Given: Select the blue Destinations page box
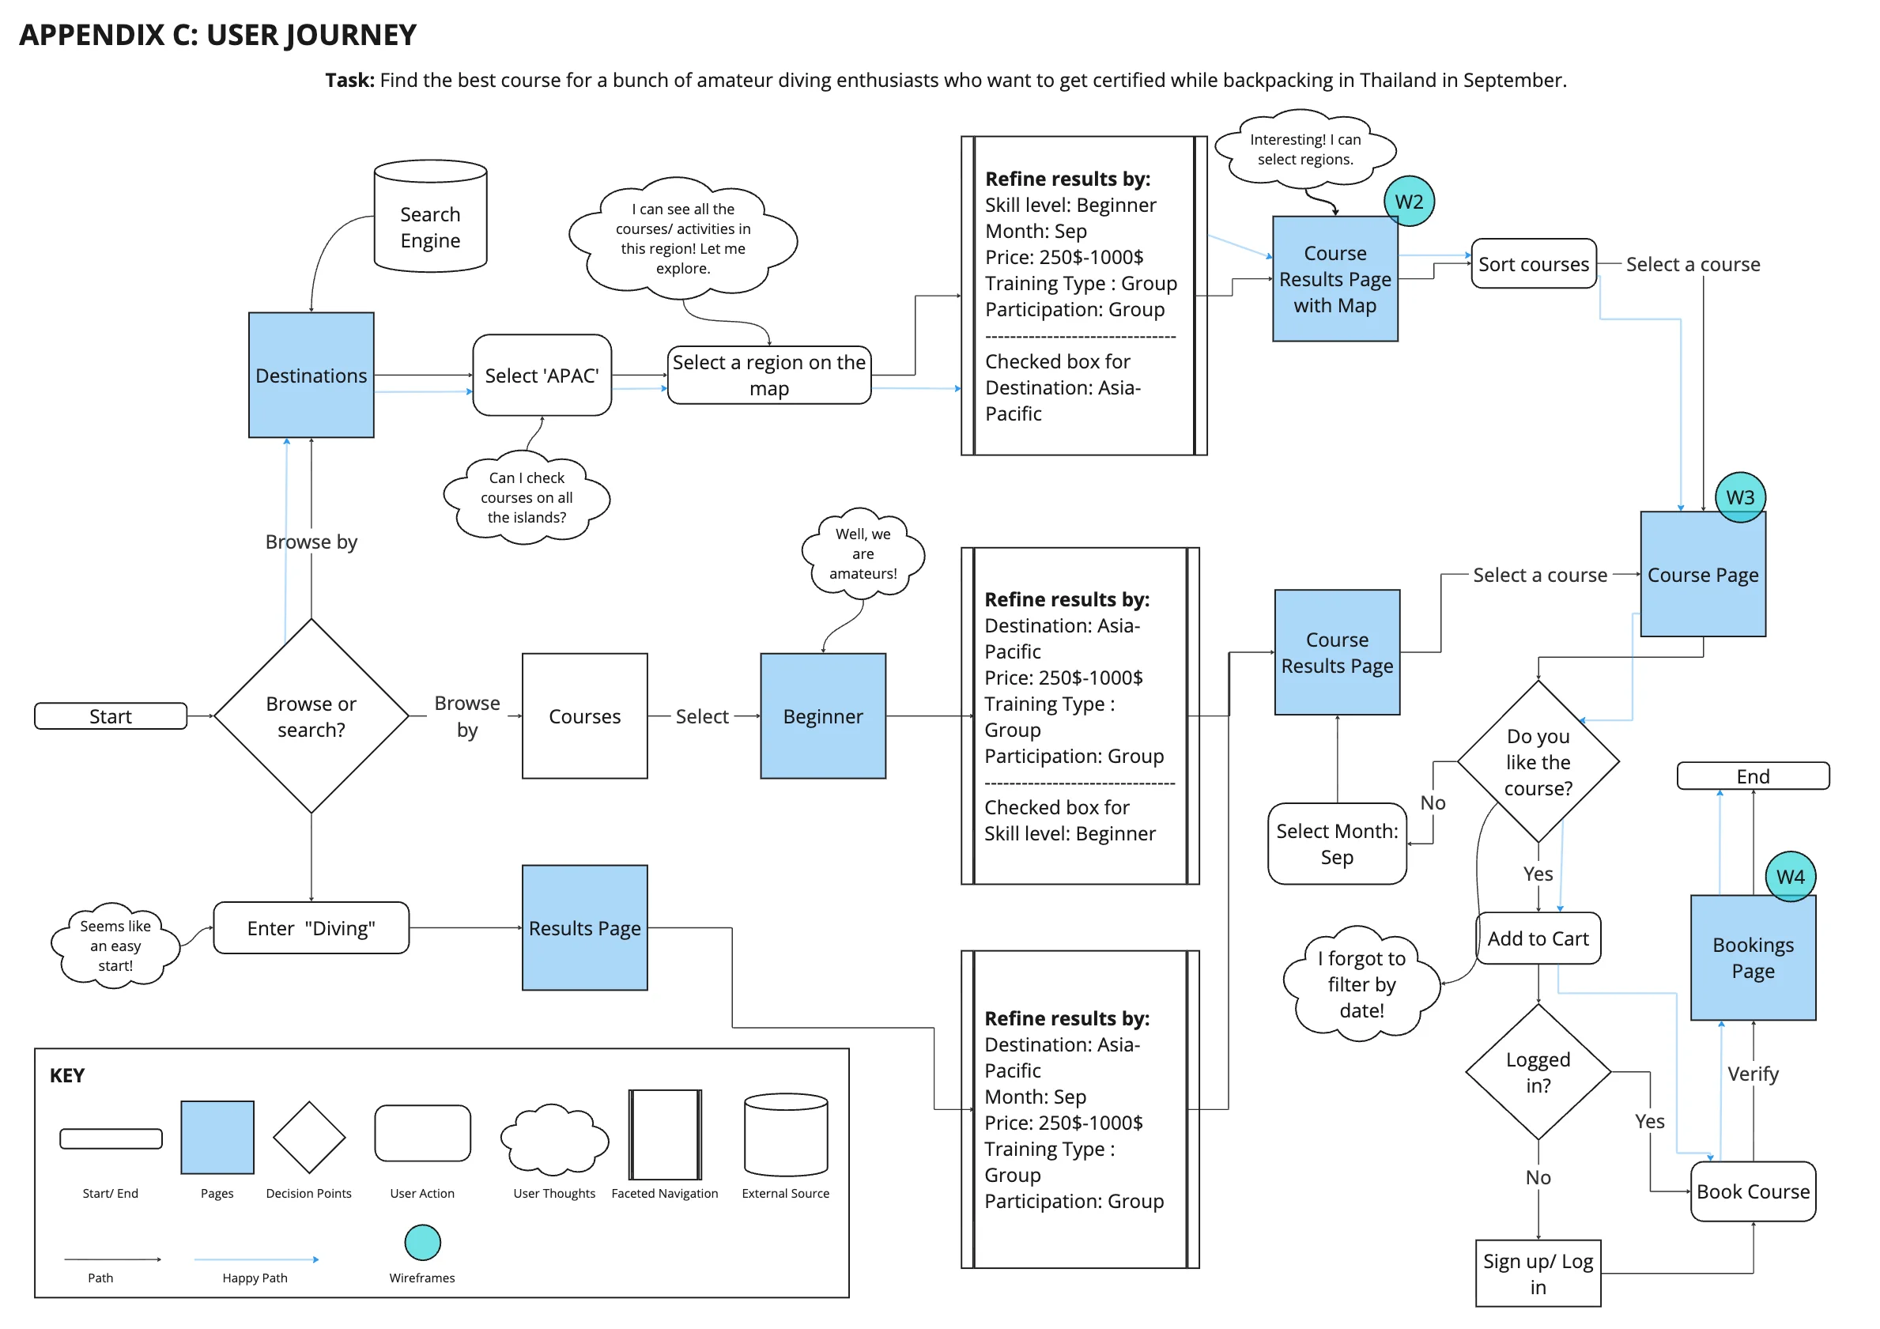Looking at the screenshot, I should (x=311, y=375).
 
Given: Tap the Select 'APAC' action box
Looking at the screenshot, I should (x=542, y=375).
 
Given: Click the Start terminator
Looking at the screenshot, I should (x=111, y=715).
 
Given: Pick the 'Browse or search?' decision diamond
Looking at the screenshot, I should (x=311, y=715).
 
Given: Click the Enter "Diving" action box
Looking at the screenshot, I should (x=311, y=927).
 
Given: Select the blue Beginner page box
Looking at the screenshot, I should (x=822, y=715).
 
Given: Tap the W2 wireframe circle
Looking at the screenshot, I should (x=1408, y=202).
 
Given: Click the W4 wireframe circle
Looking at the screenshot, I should (x=1790, y=876).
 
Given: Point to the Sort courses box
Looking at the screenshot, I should (x=1533, y=264).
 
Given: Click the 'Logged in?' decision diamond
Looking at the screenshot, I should (x=1538, y=1071).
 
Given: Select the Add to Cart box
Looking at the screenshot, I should (x=1538, y=938).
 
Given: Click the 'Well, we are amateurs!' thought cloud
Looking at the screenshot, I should (x=863, y=553).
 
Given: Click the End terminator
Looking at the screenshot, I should (x=1752, y=776).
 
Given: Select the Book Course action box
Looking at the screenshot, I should (x=1752, y=1191).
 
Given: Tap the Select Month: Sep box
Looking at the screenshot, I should (x=1336, y=844).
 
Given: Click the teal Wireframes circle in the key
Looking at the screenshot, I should (x=422, y=1242).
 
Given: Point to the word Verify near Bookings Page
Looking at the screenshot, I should (x=1752, y=1073).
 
